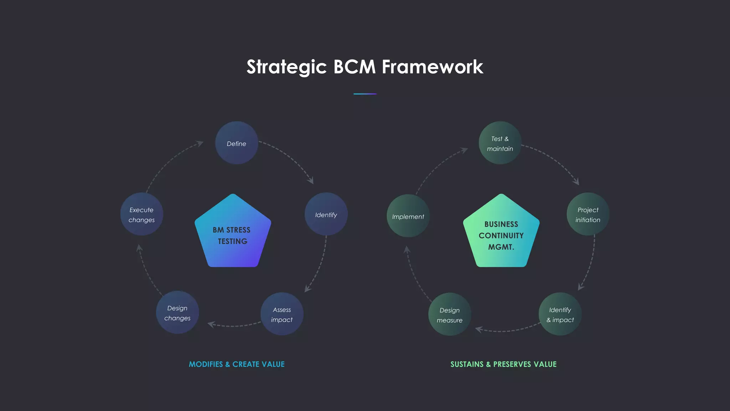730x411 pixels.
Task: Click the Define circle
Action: [236, 143]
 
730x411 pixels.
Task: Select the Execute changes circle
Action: [142, 214]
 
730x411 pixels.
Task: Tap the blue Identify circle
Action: [326, 214]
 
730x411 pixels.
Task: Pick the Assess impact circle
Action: [282, 314]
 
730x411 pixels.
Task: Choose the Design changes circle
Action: [177, 313]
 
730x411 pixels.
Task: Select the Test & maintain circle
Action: [500, 143]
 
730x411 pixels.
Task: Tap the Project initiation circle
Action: [588, 214]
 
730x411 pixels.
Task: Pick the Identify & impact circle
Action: [560, 314]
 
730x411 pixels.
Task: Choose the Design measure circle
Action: [449, 314]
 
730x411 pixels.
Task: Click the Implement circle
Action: [408, 216]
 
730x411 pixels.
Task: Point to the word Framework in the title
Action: [432, 67]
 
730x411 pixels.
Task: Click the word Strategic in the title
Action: [287, 67]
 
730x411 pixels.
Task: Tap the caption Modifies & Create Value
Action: [237, 364]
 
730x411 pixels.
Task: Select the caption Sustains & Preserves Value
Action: [503, 364]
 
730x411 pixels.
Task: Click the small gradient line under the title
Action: [365, 94]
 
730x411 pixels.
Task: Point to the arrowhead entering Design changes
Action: [211, 324]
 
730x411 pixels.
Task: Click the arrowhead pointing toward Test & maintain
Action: [464, 150]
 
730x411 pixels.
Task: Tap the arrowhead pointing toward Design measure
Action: [479, 329]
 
